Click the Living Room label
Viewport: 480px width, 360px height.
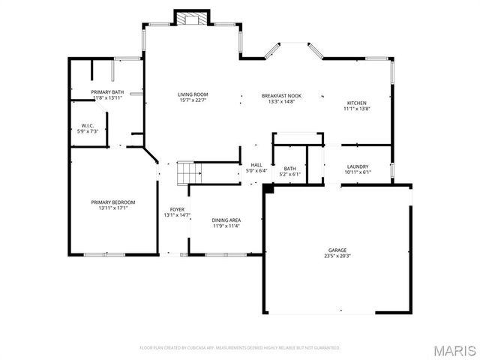[192, 94]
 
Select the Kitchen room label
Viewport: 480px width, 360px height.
[357, 103]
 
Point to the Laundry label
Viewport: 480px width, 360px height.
[358, 166]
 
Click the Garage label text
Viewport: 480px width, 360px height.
[337, 250]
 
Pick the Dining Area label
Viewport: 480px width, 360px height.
[226, 220]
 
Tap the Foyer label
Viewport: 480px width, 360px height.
[177, 209]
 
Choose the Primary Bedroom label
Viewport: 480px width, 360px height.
[113, 202]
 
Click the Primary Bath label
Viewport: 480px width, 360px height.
[106, 92]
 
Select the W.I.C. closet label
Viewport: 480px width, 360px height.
[88, 125]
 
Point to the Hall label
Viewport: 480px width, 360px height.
[256, 165]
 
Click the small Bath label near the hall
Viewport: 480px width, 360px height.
[289, 169]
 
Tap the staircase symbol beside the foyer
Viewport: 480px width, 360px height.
[190, 173]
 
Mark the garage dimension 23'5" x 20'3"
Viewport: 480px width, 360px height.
[337, 256]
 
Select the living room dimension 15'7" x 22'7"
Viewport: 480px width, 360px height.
[192, 100]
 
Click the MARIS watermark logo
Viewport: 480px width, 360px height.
[455, 349]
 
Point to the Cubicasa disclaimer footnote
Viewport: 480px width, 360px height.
[240, 348]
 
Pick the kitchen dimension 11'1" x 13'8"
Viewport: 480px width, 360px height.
[357, 109]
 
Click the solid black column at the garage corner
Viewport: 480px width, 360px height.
[268, 188]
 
